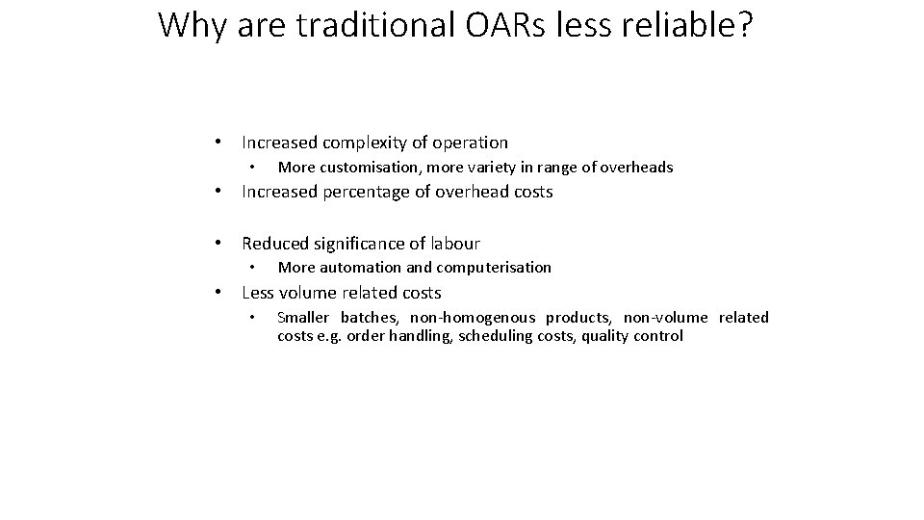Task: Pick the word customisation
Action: click(359, 168)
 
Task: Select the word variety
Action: click(500, 168)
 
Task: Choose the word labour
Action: click(454, 244)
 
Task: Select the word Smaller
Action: click(303, 318)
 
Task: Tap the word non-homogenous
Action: click(473, 318)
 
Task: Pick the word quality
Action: click(605, 336)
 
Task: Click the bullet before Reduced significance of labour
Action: click(220, 244)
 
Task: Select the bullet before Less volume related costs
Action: click(220, 293)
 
